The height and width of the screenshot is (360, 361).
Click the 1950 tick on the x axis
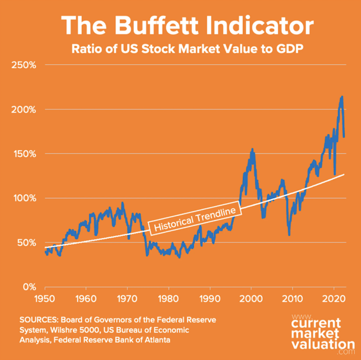44,297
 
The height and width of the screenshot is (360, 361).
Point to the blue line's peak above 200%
342,97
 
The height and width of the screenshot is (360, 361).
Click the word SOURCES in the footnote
39,319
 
